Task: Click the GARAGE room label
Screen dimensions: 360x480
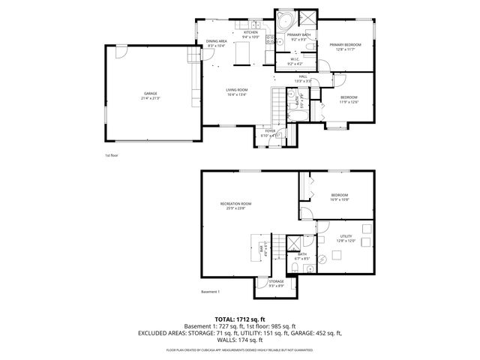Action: (151, 94)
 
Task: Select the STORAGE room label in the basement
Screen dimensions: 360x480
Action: (277, 283)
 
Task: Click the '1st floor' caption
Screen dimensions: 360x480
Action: (112, 155)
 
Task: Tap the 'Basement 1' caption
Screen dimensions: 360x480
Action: (211, 291)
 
